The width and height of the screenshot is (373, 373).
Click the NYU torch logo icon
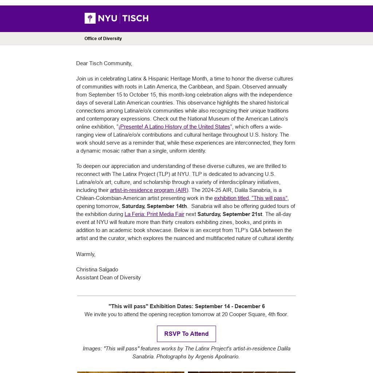90,18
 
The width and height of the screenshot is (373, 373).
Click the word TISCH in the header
135,18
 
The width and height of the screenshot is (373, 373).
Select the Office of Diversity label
103,39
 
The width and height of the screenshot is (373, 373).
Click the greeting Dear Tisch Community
104,63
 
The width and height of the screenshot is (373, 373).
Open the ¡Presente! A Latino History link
174,127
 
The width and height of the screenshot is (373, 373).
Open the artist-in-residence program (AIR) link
149,190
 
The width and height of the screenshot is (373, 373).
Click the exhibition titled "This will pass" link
251,198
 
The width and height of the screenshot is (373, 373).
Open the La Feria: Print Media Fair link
154,214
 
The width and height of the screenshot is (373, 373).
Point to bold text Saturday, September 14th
154,206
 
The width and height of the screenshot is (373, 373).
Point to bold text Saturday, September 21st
229,214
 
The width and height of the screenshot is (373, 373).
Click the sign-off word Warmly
86,254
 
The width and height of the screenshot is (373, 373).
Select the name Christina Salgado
97,270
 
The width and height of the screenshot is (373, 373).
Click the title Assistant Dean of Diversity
108,278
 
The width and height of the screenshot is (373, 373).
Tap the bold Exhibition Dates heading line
186,306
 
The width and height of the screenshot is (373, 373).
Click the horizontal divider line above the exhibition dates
186,296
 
